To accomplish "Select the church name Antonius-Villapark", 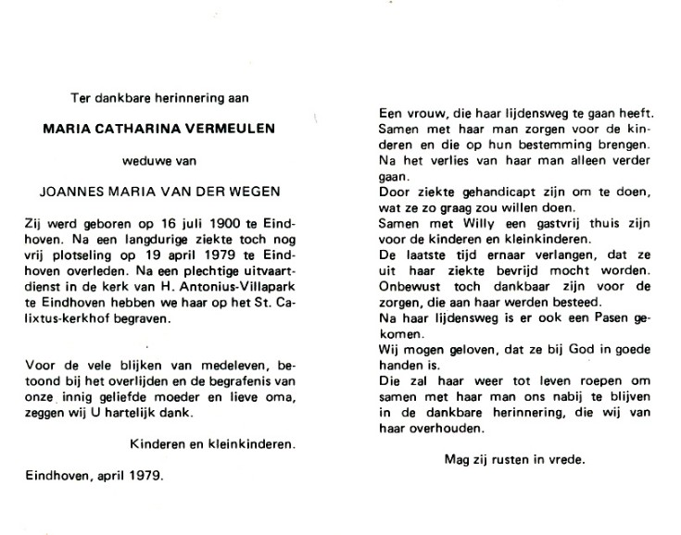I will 239,291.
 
